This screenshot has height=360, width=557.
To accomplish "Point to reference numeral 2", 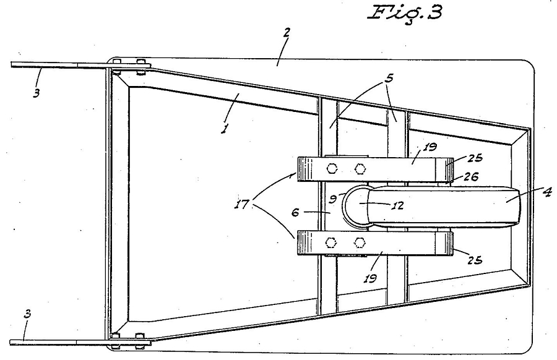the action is (x=287, y=32).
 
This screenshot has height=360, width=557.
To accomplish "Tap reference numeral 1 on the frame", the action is (x=224, y=128).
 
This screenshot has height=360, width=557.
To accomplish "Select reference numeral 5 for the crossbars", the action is (x=390, y=78).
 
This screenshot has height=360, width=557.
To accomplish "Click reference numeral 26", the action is (x=471, y=176).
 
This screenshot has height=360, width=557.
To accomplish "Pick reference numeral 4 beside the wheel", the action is (x=547, y=192).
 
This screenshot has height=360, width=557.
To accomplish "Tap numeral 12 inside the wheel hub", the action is (x=399, y=205).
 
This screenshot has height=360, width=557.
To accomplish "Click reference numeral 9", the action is (x=332, y=199).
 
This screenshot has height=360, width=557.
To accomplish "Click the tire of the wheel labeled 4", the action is (x=444, y=206).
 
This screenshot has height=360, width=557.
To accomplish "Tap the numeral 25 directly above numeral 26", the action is (x=475, y=158).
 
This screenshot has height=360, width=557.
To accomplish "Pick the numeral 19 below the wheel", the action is (x=370, y=278).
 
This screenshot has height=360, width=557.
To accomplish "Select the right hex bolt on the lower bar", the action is (x=360, y=243).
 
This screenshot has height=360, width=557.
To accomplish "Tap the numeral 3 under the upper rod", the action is (x=37, y=93).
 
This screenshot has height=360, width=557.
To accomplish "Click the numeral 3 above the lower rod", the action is (x=27, y=314).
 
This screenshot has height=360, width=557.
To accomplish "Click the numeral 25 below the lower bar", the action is (x=475, y=260).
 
